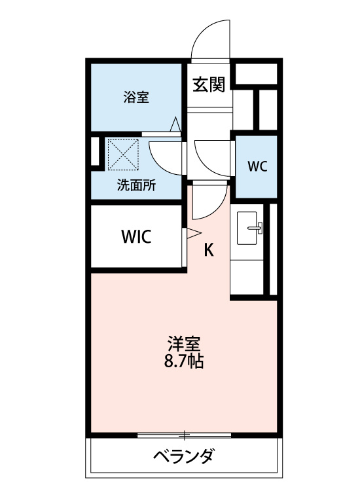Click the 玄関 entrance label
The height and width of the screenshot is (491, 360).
[x=208, y=84]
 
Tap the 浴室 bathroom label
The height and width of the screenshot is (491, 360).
[x=136, y=97]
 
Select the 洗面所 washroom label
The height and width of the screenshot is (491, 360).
[x=136, y=185]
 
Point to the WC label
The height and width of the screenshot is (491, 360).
[x=257, y=166]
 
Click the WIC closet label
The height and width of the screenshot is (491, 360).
[x=137, y=237]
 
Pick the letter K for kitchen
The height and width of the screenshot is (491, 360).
[x=209, y=250]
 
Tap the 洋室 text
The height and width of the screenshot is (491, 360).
[x=184, y=344]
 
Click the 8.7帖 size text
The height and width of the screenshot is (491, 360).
[x=184, y=361]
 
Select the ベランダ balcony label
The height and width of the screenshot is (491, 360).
[x=184, y=456]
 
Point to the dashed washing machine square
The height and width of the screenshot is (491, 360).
[x=123, y=155]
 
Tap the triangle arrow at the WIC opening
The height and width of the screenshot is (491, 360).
[x=194, y=232]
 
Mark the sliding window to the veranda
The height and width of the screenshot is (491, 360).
[x=185, y=435]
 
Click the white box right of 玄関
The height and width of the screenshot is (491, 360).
[x=256, y=74]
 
